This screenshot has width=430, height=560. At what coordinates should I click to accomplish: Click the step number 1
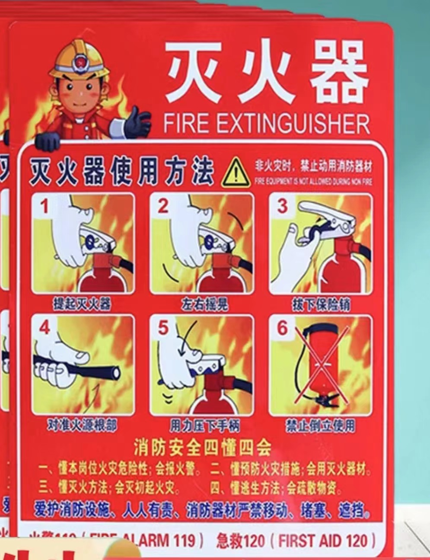coord(45,207)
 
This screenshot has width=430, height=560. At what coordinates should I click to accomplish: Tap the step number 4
coord(45,328)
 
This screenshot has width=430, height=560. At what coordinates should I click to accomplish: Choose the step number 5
coord(163,328)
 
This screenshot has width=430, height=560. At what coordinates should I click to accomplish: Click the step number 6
coord(282,328)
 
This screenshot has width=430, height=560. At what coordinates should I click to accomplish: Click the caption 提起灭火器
coord(82,304)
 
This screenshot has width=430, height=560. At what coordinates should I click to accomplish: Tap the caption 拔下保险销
coord(320,304)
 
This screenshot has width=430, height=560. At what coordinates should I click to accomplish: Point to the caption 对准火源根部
coord(82,426)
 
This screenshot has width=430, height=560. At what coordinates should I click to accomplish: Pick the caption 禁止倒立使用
coord(320,426)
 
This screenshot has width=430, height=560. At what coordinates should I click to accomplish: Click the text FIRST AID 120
coord(328,541)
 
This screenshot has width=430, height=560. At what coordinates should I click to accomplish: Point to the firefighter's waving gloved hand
coord(137,122)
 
